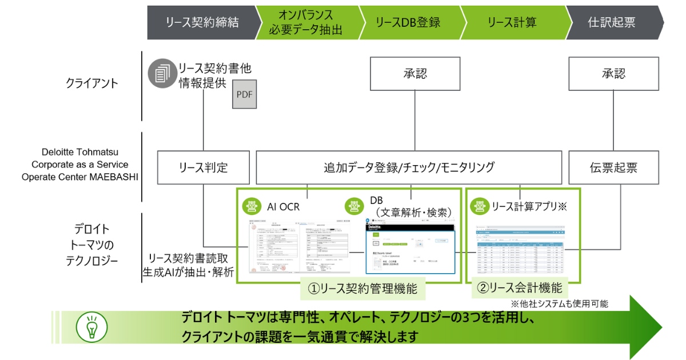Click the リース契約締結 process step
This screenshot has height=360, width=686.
click(x=202, y=22)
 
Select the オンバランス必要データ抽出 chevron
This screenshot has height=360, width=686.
click(x=305, y=22)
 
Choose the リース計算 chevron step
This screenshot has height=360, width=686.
click(x=512, y=22)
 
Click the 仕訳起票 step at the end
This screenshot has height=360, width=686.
click(x=611, y=22)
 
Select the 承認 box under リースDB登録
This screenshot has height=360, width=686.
click(x=416, y=74)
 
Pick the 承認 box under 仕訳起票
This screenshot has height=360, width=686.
click(x=613, y=74)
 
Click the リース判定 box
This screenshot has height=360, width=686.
click(x=204, y=167)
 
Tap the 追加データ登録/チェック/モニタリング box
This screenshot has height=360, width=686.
click(x=408, y=167)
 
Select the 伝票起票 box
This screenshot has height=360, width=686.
click(x=613, y=167)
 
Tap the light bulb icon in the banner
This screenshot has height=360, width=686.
click(x=91, y=327)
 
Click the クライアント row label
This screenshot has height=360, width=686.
click(x=91, y=83)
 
